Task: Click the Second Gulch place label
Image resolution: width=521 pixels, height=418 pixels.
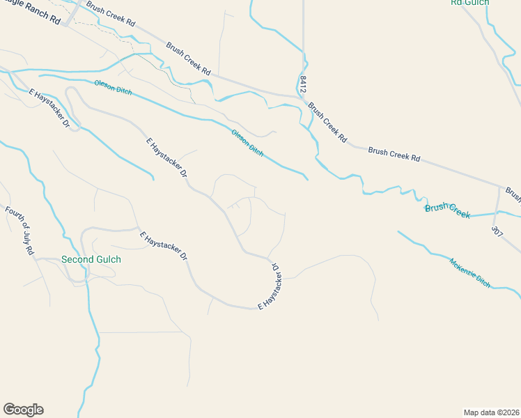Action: click(x=91, y=259)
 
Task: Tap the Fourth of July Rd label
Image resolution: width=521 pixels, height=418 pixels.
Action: click(x=20, y=230)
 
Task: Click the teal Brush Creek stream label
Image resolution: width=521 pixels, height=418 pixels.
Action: click(x=447, y=210)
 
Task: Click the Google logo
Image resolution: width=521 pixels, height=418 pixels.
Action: click(x=23, y=410)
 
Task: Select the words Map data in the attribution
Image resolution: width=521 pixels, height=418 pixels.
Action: click(x=480, y=412)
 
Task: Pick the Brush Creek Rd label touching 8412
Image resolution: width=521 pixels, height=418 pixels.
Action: click(x=327, y=123)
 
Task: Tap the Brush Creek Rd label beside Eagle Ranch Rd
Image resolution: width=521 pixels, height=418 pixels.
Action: click(x=111, y=13)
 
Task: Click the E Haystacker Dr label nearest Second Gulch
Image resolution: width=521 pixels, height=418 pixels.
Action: click(x=164, y=246)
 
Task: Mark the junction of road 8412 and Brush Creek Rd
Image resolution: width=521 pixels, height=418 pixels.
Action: click(x=304, y=98)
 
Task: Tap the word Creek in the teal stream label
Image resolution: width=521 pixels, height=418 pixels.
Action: click(x=458, y=212)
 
